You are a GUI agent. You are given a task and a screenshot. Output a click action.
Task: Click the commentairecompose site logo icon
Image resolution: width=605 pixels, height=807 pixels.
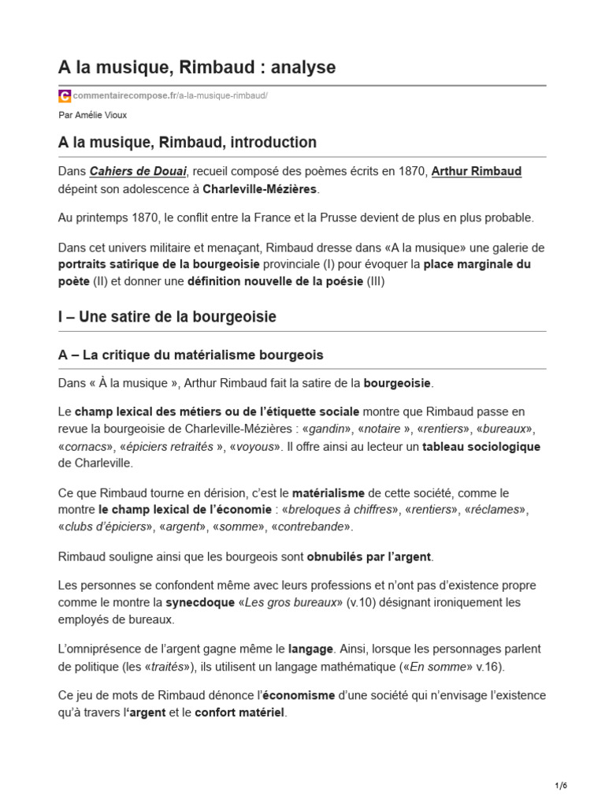click(x=65, y=95)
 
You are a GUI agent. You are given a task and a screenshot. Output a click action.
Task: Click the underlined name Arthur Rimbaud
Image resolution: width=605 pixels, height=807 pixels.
click(x=477, y=171)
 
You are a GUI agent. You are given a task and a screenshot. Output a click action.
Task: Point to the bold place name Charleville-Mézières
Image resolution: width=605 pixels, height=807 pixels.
click(x=261, y=189)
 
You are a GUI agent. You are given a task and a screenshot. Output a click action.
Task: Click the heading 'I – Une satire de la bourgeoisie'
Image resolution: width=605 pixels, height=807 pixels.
click(x=167, y=317)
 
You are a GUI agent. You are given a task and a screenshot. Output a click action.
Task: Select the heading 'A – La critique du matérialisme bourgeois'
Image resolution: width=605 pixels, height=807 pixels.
click(x=191, y=355)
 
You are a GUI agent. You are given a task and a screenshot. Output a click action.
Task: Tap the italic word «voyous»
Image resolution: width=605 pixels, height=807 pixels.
click(x=255, y=446)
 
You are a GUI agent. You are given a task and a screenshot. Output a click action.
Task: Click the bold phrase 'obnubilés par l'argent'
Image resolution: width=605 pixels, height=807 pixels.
click(x=369, y=556)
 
